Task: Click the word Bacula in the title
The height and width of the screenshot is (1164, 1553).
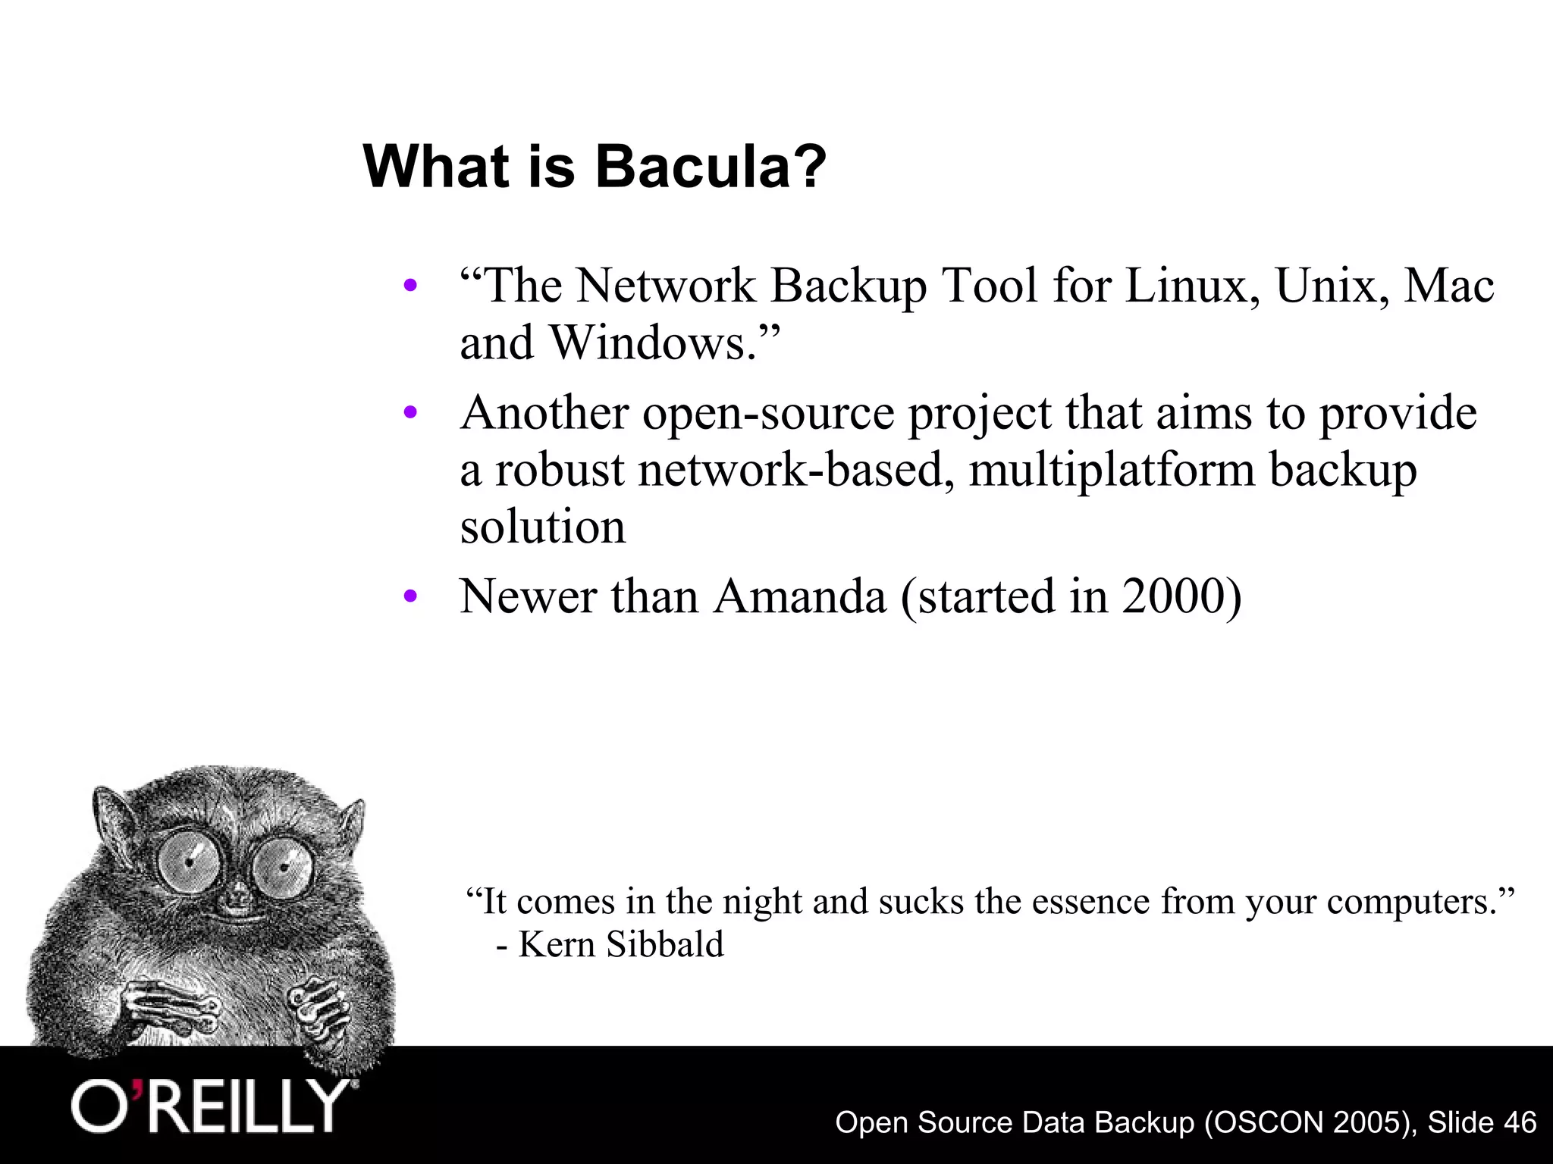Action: [710, 166]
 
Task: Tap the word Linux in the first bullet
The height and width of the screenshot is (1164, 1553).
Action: [1186, 287]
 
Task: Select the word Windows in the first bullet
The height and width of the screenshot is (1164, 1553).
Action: [651, 343]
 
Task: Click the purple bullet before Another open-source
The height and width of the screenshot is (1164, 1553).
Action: [410, 414]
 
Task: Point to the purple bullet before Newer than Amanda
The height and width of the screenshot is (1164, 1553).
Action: [410, 596]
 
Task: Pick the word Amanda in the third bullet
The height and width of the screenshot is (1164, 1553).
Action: [799, 596]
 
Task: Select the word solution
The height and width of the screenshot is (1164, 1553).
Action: [542, 527]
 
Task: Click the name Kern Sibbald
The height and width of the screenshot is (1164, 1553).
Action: [620, 944]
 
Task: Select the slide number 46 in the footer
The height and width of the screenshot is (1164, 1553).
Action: [1519, 1122]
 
